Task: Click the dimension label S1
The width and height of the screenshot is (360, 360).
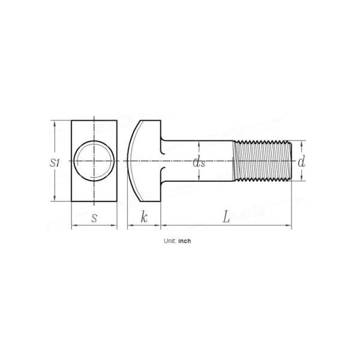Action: (x=55, y=162)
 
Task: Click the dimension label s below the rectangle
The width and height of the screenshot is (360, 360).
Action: (x=94, y=218)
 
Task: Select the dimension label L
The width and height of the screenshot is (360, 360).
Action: (x=226, y=217)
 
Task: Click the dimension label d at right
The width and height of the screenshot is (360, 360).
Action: (x=302, y=161)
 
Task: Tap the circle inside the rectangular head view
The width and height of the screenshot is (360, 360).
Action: (x=95, y=161)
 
